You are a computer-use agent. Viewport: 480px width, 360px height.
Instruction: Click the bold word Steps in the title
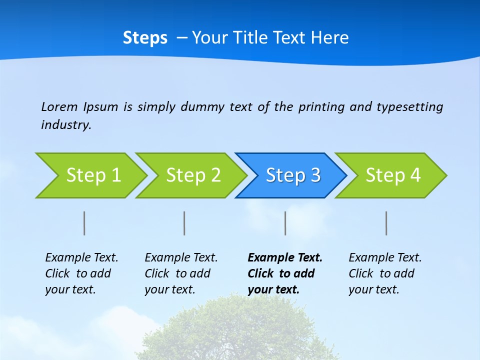click(x=145, y=38)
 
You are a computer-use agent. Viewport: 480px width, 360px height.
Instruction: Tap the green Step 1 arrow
click(x=93, y=175)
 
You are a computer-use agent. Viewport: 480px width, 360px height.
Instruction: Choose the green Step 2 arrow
click(x=193, y=175)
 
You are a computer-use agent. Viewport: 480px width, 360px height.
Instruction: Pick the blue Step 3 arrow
click(x=293, y=175)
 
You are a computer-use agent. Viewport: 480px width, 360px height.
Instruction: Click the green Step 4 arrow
click(x=393, y=175)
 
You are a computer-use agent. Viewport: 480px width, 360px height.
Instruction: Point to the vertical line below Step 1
click(x=84, y=223)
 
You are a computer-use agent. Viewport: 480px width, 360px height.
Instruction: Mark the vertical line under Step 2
click(x=184, y=223)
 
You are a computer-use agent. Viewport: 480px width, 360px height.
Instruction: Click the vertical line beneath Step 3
click(x=285, y=223)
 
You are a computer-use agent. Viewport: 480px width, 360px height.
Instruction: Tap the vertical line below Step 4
click(x=386, y=223)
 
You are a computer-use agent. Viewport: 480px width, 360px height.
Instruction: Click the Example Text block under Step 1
click(x=81, y=273)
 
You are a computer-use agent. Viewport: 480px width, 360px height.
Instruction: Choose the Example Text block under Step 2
click(x=181, y=273)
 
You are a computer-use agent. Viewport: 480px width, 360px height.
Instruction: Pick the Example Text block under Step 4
click(x=385, y=273)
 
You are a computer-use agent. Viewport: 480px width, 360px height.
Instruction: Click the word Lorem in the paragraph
click(x=59, y=107)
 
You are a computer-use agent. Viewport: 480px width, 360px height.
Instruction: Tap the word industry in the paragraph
click(x=65, y=125)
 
